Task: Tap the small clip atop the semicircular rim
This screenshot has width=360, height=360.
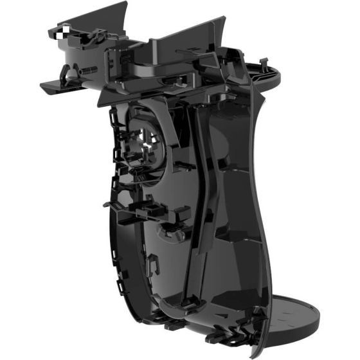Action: click(264, 63)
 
